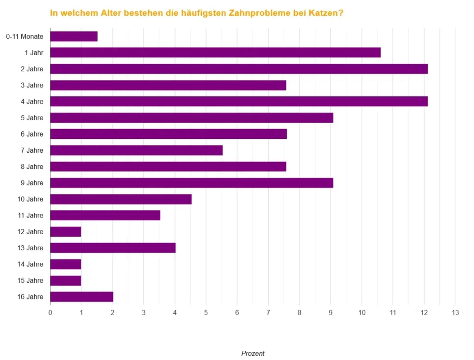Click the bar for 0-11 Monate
coord(74,37)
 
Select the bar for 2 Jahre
coord(238,69)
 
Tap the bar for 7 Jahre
coord(136,150)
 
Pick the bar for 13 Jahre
coord(112,248)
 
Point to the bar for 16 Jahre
coord(81,297)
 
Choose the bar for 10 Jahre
coord(120,199)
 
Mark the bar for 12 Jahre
coord(65,232)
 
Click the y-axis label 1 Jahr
coord(34,53)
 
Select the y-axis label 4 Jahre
coord(32,101)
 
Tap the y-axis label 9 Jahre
coord(32,183)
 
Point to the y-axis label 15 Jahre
coord(31,280)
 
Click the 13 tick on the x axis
coord(455,313)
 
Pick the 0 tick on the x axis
coord(50,313)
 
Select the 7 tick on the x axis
coord(268,313)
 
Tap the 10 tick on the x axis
coord(362,313)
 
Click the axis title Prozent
coord(253,354)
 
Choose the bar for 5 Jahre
coord(191,118)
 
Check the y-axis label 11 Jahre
coord(31,215)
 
